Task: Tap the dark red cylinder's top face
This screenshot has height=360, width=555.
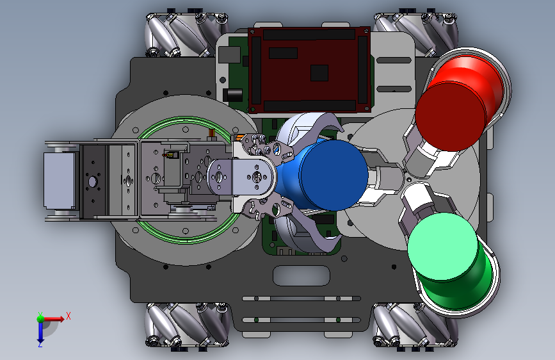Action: pyautogui.click(x=450, y=116)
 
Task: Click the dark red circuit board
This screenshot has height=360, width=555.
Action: pyautogui.click(x=309, y=70)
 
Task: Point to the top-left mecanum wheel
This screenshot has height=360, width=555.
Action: pyautogui.click(x=186, y=35)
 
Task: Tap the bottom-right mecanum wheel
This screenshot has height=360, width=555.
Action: pyautogui.click(x=415, y=325)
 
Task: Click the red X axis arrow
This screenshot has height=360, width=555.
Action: pyautogui.click(x=53, y=319)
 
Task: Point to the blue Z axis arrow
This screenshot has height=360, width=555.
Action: pyautogui.click(x=40, y=332)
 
